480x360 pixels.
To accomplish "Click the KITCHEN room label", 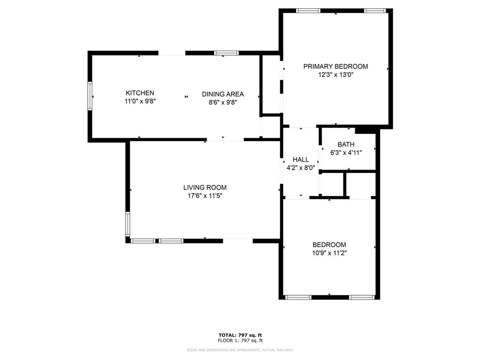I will [x=140, y=93].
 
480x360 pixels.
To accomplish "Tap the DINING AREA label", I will [x=223, y=94].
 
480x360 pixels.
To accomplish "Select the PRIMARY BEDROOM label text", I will [x=335, y=67].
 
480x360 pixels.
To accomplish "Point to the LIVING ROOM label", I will [x=205, y=187].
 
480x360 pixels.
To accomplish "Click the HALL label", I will [x=300, y=159].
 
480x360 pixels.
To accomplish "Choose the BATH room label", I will [x=346, y=144].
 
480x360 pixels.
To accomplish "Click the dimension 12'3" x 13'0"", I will [x=335, y=75].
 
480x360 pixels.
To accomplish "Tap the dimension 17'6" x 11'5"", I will [x=205, y=195].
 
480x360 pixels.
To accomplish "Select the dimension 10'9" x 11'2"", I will [x=329, y=253].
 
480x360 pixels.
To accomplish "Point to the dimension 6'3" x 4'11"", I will [x=346, y=152].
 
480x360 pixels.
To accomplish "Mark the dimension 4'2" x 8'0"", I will [x=300, y=167].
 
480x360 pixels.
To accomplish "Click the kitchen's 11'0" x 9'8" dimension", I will [x=140, y=101].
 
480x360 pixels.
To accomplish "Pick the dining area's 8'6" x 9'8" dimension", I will [x=223, y=102].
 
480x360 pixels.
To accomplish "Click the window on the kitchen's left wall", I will [x=90, y=97].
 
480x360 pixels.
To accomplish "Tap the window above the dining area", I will [x=226, y=53].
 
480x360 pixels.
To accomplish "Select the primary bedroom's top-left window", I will [x=308, y=11].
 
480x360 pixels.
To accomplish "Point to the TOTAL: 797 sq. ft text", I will [x=240, y=335].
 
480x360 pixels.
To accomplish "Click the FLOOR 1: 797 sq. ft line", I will [x=240, y=340].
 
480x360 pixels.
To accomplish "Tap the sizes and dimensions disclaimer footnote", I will [x=240, y=350].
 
